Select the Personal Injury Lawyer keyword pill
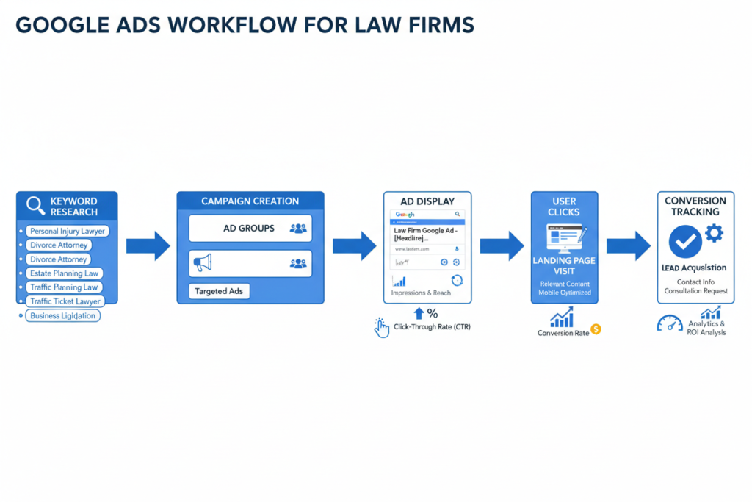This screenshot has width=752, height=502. click(x=67, y=231)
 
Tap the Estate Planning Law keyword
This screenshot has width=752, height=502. click(x=63, y=273)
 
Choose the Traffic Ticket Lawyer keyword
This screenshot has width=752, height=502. click(x=65, y=301)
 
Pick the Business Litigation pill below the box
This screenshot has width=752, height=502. click(x=63, y=315)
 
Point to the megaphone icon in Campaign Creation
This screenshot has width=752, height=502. click(x=202, y=262)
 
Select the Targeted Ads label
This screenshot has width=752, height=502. click(x=219, y=291)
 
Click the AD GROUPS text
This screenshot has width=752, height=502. click(x=249, y=229)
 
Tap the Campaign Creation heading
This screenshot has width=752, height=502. click(x=250, y=201)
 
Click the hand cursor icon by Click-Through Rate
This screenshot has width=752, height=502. click(x=381, y=328)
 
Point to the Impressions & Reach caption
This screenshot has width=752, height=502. click(x=422, y=293)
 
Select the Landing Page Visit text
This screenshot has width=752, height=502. click(x=564, y=266)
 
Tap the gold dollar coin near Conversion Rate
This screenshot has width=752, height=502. click(x=596, y=329)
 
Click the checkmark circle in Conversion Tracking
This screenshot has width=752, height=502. click(x=685, y=241)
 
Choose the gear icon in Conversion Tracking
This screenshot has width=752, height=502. click(x=713, y=233)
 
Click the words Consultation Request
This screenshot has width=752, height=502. click(x=696, y=291)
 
